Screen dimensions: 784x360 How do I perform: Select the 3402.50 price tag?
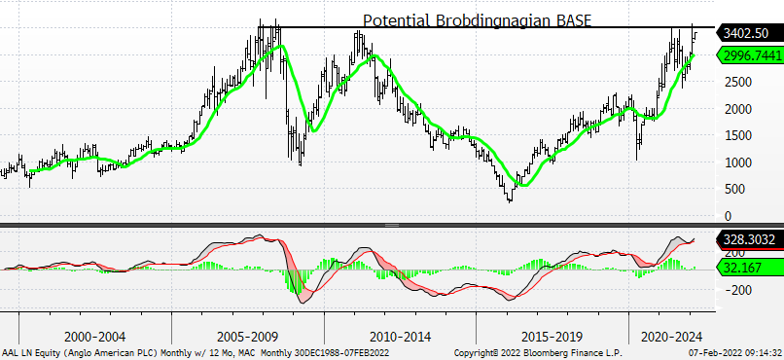pos(749,33)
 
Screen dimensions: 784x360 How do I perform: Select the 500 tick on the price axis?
pos(736,190)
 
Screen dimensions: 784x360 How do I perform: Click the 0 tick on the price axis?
pos(728,217)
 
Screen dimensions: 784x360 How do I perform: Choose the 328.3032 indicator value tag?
pos(749,239)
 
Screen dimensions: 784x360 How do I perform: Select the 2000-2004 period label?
pos(95,336)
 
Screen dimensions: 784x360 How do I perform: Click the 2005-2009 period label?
pos(248,336)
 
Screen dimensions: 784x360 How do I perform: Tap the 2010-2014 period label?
pos(401,336)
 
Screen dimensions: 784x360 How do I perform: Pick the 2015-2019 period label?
pos(552,336)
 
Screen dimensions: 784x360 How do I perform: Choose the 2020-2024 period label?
pos(671,336)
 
